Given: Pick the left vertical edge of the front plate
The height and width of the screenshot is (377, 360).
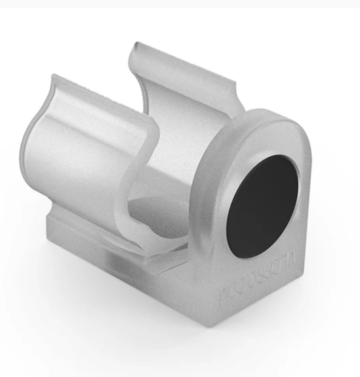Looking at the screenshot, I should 197,229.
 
